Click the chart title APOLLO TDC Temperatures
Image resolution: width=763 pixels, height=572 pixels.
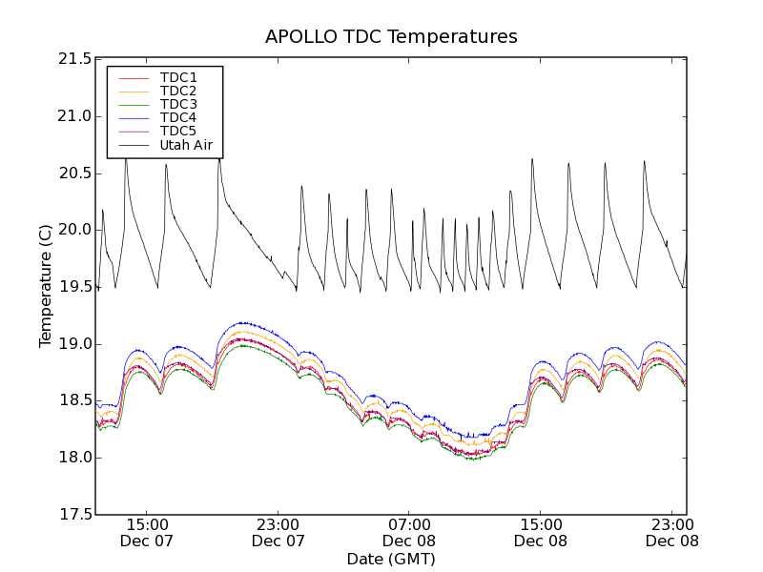point(391,37)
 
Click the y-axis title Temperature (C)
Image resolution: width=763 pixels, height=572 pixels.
point(46,286)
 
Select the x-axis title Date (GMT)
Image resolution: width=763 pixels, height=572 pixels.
point(391,559)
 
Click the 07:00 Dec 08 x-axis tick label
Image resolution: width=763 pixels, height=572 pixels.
point(409,532)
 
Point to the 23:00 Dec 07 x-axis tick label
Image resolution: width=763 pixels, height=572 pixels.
point(278,532)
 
